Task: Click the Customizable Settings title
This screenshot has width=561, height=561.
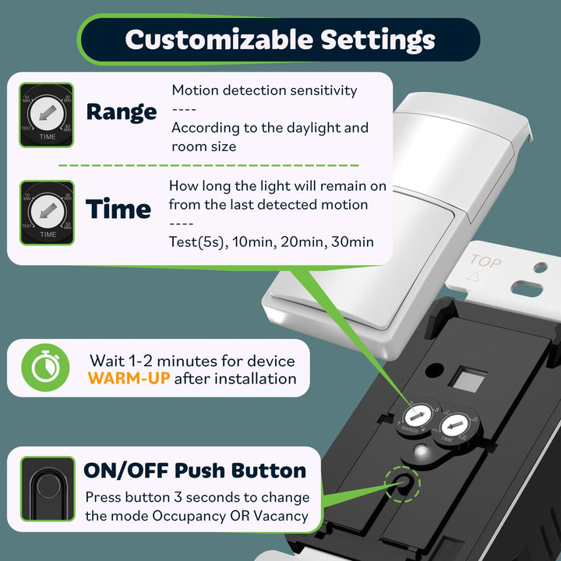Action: (x=280, y=39)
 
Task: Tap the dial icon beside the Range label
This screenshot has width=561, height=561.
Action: (x=47, y=115)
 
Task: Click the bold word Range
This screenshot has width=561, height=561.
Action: (x=121, y=111)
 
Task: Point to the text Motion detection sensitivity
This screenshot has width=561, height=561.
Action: (x=264, y=90)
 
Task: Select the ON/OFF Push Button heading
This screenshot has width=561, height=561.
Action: (x=195, y=471)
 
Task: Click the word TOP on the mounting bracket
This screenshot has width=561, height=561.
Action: (x=485, y=263)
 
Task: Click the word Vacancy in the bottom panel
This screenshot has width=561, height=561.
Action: (x=281, y=515)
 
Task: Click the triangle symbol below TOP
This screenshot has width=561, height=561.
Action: (x=471, y=277)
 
